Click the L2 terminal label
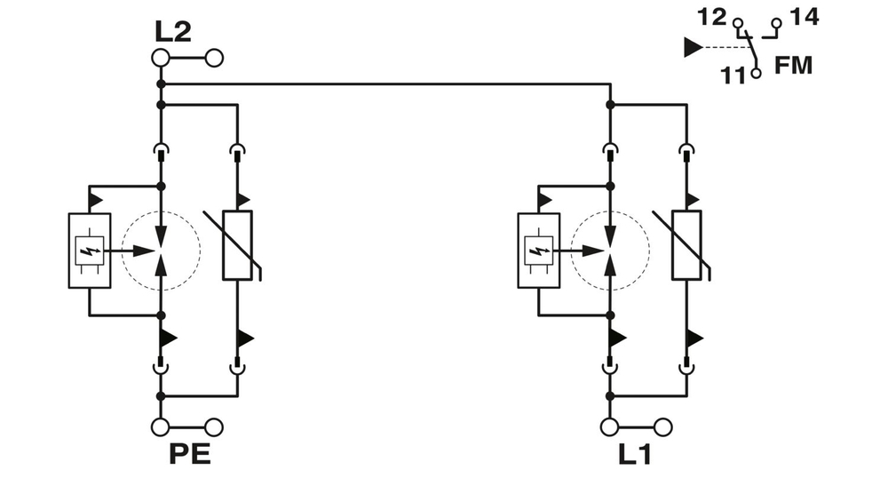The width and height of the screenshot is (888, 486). click(173, 33)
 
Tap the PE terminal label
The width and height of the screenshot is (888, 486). click(189, 456)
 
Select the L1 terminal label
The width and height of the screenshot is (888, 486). click(635, 456)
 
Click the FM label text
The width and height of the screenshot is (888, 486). click(793, 66)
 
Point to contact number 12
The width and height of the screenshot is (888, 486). click(712, 16)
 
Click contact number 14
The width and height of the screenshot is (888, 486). click(805, 16)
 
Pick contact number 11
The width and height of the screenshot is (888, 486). click(733, 76)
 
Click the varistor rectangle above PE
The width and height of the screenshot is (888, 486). click(237, 245)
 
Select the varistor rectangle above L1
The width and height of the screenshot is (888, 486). click(686, 245)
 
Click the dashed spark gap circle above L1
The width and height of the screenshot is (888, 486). click(610, 250)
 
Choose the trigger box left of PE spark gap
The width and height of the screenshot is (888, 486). click(90, 251)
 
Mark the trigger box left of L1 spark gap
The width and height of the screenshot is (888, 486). click(539, 251)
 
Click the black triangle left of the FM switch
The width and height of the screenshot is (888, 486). click(693, 47)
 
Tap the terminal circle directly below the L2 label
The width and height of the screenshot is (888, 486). click(161, 59)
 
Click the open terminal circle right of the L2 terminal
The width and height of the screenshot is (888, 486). click(214, 59)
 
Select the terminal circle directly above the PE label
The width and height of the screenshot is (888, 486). click(161, 429)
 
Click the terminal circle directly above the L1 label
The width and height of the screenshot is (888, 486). click(610, 429)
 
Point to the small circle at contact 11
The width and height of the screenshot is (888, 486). click(756, 74)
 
